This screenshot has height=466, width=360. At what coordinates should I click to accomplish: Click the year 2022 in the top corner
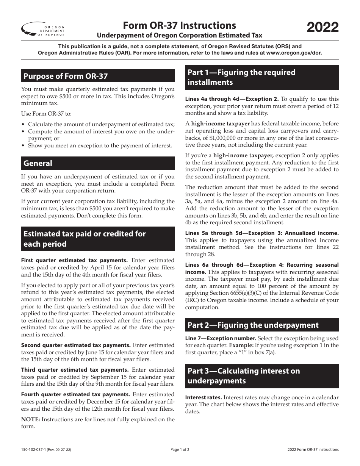322,28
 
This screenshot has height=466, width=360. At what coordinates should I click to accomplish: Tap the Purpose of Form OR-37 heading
66,76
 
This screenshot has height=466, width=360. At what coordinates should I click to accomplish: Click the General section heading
38,163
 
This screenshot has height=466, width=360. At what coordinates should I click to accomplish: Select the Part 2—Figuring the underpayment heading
253,325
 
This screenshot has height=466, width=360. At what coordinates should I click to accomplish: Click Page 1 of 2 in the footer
180,450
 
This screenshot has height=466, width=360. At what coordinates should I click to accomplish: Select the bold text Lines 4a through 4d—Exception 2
232,99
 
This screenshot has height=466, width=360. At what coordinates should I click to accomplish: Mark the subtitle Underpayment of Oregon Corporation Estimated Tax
180,36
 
